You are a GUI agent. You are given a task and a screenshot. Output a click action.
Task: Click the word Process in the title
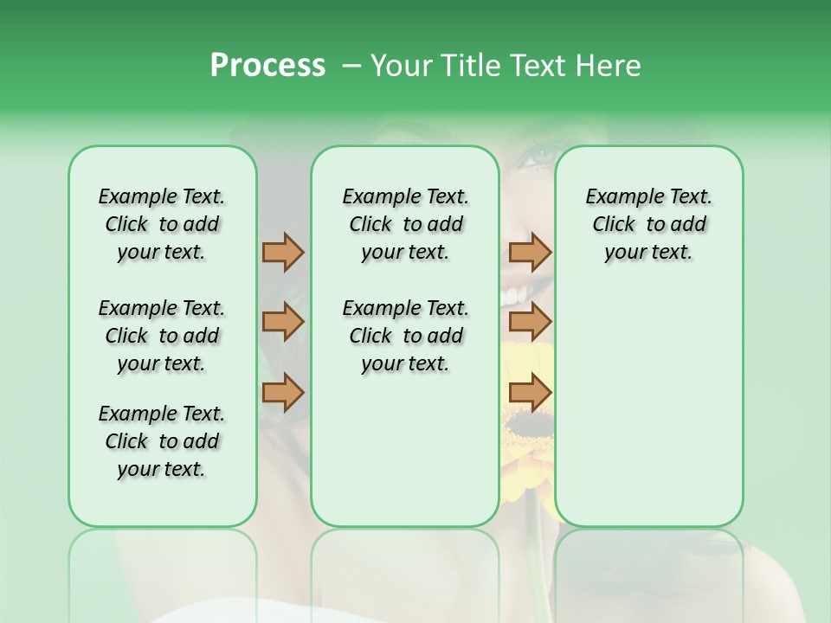267,66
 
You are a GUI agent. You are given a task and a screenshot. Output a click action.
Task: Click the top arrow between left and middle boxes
283,252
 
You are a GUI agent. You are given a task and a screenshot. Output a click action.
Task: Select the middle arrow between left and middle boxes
283,323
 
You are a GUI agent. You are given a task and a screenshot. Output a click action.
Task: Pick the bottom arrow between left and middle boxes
283,392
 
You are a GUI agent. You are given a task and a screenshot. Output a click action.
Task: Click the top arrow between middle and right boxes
530,252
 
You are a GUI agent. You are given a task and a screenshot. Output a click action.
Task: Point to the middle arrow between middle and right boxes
530,323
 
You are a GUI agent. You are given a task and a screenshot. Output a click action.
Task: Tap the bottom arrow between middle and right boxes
530,392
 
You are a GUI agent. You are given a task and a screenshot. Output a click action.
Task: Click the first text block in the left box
162,224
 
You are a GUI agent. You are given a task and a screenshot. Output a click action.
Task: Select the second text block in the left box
162,336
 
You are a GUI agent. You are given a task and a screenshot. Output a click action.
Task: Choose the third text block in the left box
162,441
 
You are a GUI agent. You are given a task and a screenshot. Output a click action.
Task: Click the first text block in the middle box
405,224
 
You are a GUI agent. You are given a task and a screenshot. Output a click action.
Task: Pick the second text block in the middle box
405,336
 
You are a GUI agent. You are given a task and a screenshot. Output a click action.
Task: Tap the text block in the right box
648,224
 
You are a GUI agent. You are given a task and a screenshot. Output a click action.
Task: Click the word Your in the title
403,66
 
